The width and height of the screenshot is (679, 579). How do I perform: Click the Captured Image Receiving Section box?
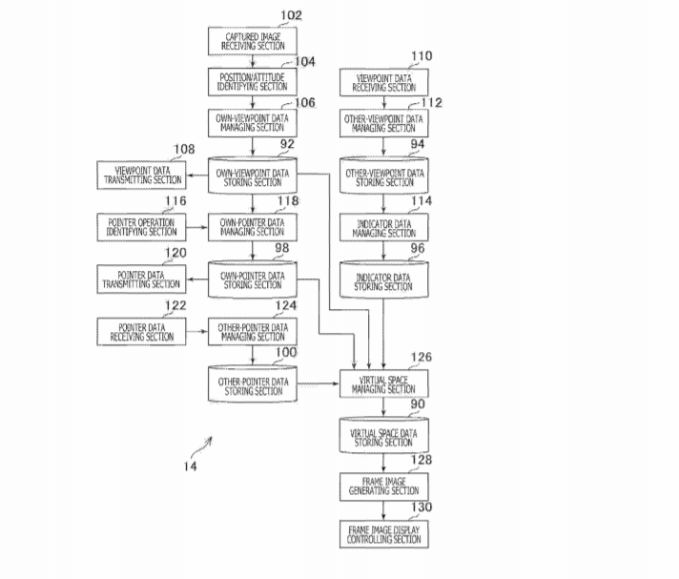click(252, 41)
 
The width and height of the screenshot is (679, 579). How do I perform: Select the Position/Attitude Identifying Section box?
click(252, 81)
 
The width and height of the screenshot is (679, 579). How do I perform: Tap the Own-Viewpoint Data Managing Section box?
click(252, 122)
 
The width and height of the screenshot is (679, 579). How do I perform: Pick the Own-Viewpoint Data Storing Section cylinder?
click(252, 176)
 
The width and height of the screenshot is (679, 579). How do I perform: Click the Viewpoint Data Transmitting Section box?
click(141, 175)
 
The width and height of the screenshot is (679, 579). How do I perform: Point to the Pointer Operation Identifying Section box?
click(141, 226)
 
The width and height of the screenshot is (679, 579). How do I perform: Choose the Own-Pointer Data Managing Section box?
click(252, 226)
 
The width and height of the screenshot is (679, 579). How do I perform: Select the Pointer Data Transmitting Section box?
click(141, 279)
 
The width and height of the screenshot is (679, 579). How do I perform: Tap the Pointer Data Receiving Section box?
click(141, 331)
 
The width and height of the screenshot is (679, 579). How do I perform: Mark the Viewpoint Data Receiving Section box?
click(384, 81)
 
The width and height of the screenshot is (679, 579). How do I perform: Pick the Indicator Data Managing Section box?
click(384, 226)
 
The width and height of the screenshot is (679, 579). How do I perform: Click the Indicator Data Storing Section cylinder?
click(384, 280)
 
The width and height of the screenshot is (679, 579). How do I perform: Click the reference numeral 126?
click(421, 358)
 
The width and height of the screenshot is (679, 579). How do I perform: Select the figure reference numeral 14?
click(190, 465)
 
